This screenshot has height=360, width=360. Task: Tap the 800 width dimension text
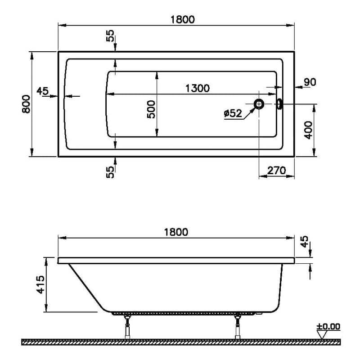point(27,104)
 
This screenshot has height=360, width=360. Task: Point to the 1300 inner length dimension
point(198,88)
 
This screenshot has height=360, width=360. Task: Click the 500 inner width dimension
point(151,109)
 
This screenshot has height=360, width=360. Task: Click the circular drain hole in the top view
point(259,104)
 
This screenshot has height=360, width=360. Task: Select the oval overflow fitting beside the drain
point(280,104)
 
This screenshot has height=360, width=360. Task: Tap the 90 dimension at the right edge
point(310,82)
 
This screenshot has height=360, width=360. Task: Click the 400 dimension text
point(308,130)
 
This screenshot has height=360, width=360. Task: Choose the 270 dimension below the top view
point(277,171)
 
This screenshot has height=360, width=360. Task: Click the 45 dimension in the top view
point(43,91)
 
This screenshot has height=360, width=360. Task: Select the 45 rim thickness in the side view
point(305,242)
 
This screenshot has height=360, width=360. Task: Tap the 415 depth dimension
point(40,284)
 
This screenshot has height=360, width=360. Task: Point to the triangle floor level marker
point(322,335)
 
